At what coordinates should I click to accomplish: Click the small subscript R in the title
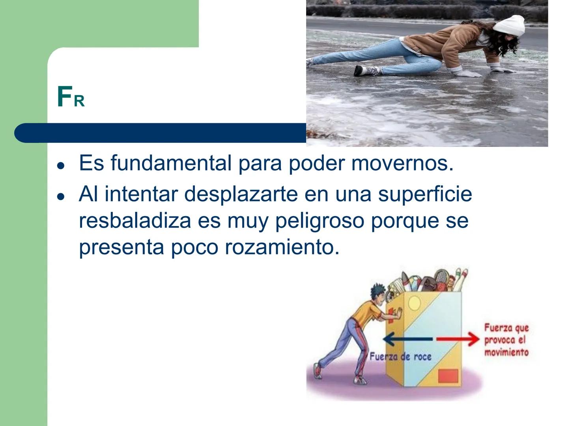[x=79, y=102]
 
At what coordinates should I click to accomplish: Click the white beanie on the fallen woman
[x=510, y=25]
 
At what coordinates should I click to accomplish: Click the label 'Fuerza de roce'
[x=400, y=357]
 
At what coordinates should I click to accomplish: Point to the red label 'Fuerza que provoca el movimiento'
[x=506, y=340]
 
